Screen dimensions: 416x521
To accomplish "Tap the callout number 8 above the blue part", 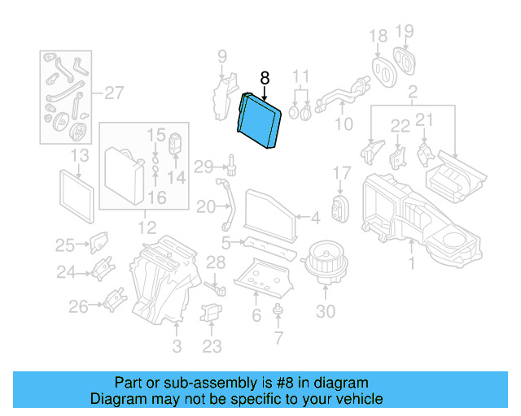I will pos(264,78).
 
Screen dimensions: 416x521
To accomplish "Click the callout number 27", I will pos(112,92).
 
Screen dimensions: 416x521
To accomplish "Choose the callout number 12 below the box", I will pos(146,227).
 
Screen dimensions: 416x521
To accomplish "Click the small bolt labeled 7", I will pos(278,310).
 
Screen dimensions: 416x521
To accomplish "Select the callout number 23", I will pos(212,348).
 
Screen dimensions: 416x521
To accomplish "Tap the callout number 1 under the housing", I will pos(412,262).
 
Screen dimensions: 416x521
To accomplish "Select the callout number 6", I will pos(256,315).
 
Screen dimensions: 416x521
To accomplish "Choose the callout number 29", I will pos(204,167).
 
